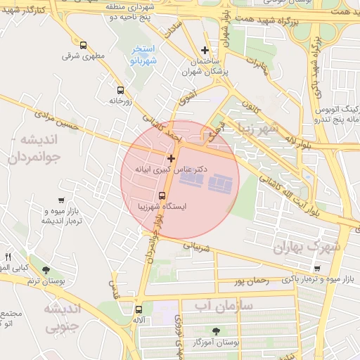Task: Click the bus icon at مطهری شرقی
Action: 84,46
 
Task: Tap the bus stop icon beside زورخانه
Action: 120,91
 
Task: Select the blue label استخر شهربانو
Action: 143,56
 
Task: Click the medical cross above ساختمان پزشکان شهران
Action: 205,50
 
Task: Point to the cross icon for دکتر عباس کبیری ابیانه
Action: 171,158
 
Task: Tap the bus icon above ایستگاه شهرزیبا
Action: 162,196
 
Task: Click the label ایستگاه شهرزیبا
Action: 163,208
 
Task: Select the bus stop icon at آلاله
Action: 139,309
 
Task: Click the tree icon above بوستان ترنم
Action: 46,270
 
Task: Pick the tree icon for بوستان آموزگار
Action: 214,331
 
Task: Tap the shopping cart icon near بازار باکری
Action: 318,268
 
